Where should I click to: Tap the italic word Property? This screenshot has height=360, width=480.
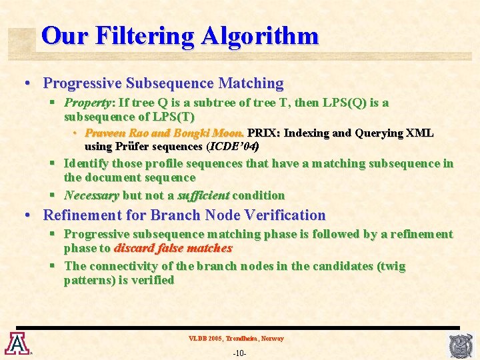[x=87, y=103]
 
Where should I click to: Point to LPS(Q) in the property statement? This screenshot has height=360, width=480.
[x=341, y=103]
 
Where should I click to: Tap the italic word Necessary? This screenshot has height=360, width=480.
[x=91, y=195]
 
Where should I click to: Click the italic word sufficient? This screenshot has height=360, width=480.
[x=203, y=195]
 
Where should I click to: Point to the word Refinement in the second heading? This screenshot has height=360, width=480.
[x=81, y=215]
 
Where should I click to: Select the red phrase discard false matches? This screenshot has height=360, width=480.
[x=173, y=248]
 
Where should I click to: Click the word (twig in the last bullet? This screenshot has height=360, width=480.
[x=391, y=266]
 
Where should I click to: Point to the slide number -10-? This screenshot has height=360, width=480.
[x=240, y=353]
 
